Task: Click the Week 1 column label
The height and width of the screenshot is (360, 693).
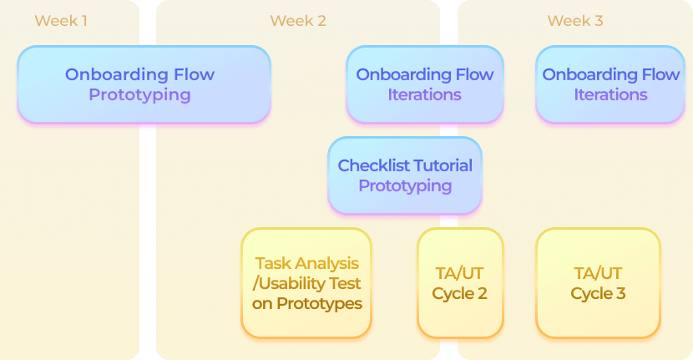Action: click(x=61, y=21)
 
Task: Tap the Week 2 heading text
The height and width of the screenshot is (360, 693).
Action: click(x=297, y=21)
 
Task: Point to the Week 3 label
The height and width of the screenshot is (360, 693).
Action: click(x=575, y=21)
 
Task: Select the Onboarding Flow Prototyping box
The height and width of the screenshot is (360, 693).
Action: click(x=144, y=84)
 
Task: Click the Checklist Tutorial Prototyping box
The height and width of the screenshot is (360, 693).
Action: click(x=405, y=175)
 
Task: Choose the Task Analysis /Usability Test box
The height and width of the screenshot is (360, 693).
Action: click(x=306, y=283)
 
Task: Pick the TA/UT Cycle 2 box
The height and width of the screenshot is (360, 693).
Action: click(x=460, y=283)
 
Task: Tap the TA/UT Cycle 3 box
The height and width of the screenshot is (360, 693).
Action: click(x=598, y=283)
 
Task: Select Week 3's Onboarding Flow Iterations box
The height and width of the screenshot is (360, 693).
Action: click(x=610, y=84)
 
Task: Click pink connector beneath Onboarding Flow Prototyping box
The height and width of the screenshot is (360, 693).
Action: click(x=148, y=127)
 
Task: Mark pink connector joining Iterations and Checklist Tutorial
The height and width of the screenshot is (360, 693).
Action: click(x=449, y=128)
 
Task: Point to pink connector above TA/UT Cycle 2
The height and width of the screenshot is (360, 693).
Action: click(x=449, y=219)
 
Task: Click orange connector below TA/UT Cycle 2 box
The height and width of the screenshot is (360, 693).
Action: click(x=449, y=341)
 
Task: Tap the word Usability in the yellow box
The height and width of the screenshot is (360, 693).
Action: click(x=292, y=283)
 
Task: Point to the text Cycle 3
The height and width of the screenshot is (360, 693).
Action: click(x=598, y=294)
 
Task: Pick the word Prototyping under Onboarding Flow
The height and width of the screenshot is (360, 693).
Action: click(x=139, y=94)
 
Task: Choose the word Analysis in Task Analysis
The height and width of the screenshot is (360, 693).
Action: click(x=331, y=263)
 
